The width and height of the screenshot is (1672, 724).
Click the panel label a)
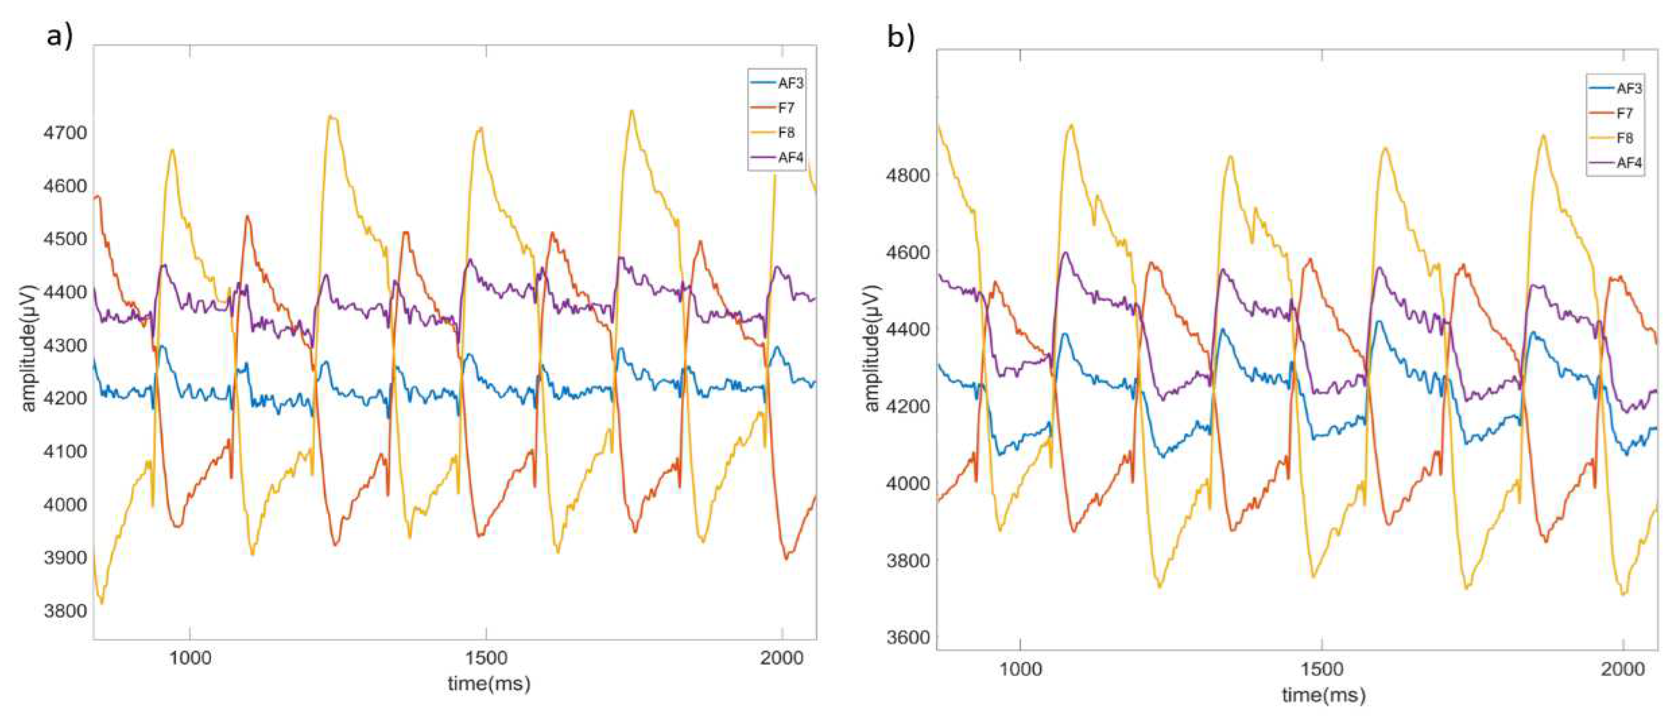pos(59,36)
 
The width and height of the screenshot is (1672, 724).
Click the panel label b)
pos(901,38)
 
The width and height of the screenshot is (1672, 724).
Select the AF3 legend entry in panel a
pos(791,83)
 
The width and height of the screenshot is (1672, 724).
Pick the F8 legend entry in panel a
pos(786,132)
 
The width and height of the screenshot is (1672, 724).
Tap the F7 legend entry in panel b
pos(1624,113)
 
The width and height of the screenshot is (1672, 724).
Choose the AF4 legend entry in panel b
pos(1629,163)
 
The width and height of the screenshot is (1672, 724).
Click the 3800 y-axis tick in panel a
pos(64,611)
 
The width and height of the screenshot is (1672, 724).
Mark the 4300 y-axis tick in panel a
pos(64,346)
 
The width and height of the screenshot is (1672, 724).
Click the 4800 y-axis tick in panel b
pos(907,175)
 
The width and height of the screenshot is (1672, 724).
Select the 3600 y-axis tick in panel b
pos(907,638)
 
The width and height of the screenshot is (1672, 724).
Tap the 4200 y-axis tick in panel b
pos(907,406)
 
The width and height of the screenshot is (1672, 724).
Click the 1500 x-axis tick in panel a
pos(486,658)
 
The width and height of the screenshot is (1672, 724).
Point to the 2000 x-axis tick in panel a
pos(781,658)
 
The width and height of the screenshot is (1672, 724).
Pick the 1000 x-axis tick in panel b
pos(1020,669)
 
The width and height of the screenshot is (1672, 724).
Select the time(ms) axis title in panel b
pos(1323,695)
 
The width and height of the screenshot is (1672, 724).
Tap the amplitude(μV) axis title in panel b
pos(872,348)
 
